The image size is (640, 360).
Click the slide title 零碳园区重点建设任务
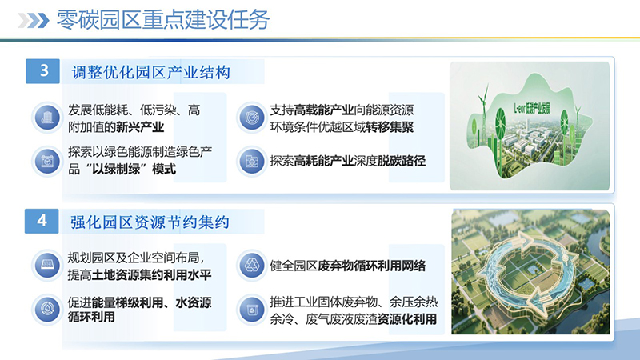(x=163, y=18)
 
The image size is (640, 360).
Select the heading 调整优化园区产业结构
(x=151, y=73)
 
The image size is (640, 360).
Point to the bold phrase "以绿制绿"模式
(x=132, y=169)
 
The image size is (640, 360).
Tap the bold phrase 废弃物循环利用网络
(x=372, y=266)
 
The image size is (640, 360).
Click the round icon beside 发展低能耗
(x=46, y=118)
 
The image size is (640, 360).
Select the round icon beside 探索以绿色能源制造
(x=46, y=161)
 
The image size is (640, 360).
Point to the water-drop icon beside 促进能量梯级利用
(x=46, y=310)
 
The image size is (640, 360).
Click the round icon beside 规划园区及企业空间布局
(x=46, y=266)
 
